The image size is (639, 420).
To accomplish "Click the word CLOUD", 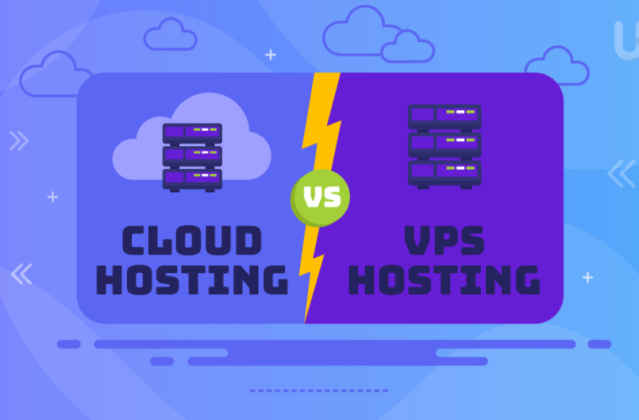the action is [x=192, y=240].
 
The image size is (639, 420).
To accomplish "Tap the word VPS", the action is [x=444, y=240].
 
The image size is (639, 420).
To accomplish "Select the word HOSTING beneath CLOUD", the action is [x=192, y=280].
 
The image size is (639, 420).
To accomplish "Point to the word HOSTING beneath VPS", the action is [x=444, y=280].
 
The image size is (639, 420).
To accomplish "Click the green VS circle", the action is [x=319, y=198].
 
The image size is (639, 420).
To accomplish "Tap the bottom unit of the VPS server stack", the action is [x=445, y=174].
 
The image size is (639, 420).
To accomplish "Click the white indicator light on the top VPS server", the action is [x=460, y=112].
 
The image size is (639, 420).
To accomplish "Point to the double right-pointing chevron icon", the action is [x=18, y=141].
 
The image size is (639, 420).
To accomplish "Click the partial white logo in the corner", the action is [x=626, y=40].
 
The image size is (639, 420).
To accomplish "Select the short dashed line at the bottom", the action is [x=319, y=391].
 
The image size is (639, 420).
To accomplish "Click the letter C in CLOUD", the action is [x=134, y=240].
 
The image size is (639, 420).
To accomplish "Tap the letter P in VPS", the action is [x=445, y=240].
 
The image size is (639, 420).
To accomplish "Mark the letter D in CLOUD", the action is [x=249, y=240].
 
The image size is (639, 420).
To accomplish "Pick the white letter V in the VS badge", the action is [x=313, y=197].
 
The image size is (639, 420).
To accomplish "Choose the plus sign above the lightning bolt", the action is [x=270, y=55].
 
